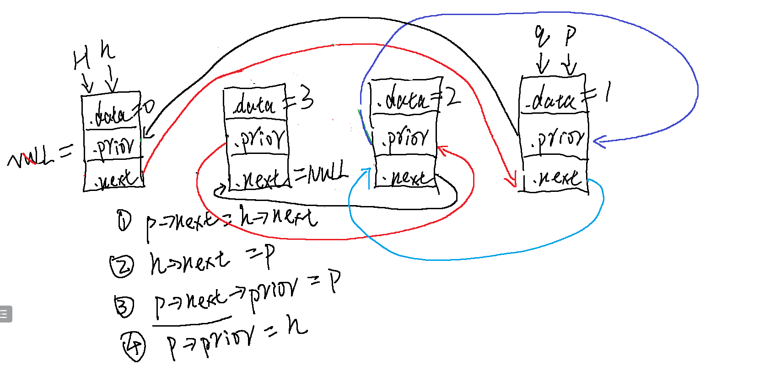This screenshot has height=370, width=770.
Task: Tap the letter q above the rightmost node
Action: pyautogui.click(x=542, y=37)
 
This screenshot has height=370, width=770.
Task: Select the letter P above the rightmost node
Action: pyautogui.click(x=570, y=36)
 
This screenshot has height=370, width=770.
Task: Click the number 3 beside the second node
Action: pyautogui.click(x=306, y=98)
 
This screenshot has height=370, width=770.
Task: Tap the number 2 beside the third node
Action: pyautogui.click(x=453, y=97)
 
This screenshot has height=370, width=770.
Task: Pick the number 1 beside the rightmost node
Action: pyautogui.click(x=607, y=93)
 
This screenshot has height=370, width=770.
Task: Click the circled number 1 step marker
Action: pyautogui.click(x=124, y=221)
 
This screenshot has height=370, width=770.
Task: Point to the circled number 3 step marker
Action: pyautogui.click(x=124, y=306)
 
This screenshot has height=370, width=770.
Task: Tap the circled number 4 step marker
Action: pyautogui.click(x=133, y=346)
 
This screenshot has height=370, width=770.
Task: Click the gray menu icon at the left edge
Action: pyautogui.click(x=5, y=314)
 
